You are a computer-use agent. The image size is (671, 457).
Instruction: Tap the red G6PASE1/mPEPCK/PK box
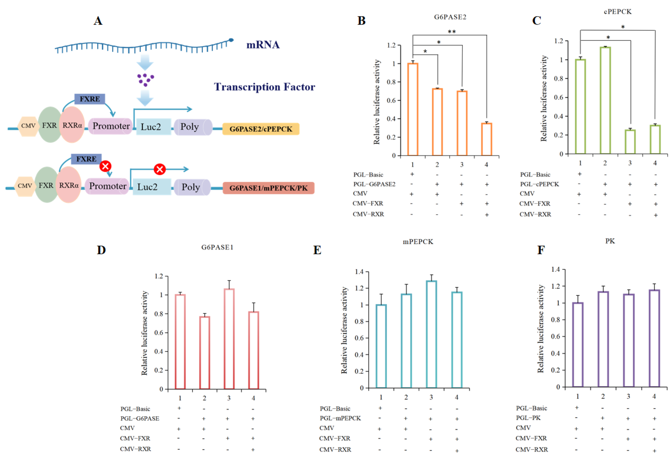268,188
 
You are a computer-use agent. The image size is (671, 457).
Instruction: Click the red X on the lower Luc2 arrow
159,169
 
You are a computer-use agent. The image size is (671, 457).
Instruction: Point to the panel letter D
101,250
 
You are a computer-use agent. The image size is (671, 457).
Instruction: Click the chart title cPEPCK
618,12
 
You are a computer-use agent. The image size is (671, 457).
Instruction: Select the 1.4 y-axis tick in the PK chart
555,269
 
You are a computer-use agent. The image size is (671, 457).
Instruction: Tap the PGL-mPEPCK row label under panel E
340,418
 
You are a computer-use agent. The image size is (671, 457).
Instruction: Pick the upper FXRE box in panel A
90,99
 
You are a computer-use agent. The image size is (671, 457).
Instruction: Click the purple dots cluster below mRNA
145,79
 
